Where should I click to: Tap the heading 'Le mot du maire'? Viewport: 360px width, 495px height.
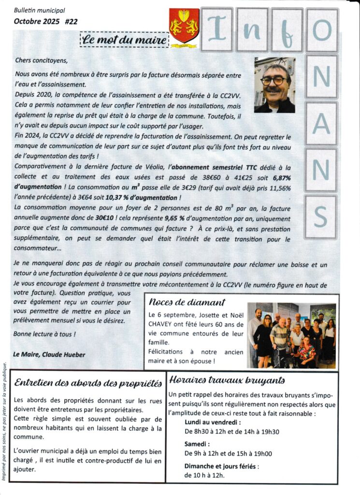pos(124,39)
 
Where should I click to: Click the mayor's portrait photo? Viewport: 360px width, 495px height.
pos(274,85)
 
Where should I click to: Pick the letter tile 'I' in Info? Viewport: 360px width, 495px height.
pos(217,29)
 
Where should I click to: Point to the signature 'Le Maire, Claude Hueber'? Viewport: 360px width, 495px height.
pos(49,354)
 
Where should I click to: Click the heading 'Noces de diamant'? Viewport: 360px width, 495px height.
pos(187,303)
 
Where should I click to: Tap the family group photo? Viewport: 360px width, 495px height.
pos(291,335)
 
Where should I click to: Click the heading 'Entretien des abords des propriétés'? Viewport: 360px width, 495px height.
pos(88,383)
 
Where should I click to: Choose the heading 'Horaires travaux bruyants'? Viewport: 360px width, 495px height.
pos(227,380)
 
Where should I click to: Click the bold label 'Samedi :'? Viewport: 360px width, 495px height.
pos(196,443)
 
